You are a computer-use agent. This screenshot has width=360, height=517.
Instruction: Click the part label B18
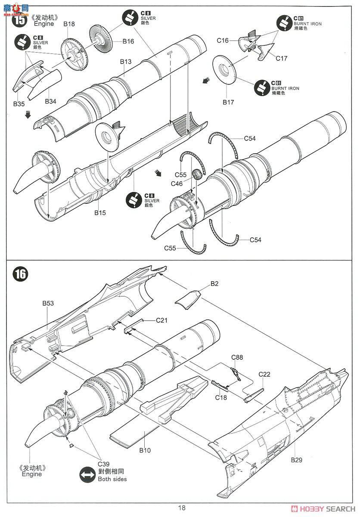[x=69, y=24]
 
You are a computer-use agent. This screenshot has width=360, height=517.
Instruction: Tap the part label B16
[x=128, y=41]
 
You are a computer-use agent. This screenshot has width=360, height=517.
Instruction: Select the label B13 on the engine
[x=126, y=62]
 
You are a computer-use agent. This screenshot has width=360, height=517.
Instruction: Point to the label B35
[x=19, y=104]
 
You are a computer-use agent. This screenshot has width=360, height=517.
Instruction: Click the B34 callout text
[x=51, y=102]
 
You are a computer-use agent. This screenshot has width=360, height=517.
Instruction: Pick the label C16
[x=223, y=40]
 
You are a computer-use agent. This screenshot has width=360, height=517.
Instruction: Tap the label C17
[x=282, y=58]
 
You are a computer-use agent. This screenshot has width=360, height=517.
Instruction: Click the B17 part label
[x=228, y=102]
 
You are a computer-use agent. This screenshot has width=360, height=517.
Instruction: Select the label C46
[x=177, y=184]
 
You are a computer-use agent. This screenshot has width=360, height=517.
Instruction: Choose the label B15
[x=99, y=212]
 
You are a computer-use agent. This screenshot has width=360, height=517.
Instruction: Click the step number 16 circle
[x=20, y=274]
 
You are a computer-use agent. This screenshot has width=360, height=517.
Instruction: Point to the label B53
[x=48, y=303]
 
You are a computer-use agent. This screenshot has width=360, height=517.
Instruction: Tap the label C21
[x=161, y=320]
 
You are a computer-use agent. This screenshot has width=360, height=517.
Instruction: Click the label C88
[x=237, y=357]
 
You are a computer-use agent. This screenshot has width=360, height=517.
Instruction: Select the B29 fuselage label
[x=296, y=460]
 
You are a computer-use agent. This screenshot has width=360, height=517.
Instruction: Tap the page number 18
[x=182, y=508]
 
